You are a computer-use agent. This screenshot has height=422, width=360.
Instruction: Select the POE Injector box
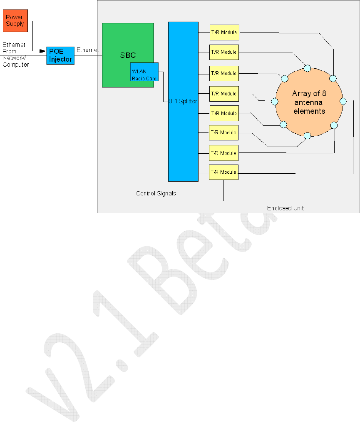[x=60, y=56]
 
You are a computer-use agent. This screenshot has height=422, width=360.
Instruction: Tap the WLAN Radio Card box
[x=144, y=72]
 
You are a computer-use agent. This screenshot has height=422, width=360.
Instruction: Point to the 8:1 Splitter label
[x=183, y=101]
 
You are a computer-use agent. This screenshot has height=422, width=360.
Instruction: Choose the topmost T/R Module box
[x=224, y=32]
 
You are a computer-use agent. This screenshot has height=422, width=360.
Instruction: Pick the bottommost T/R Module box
[x=223, y=172]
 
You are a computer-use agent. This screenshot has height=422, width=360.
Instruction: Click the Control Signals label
[x=156, y=193]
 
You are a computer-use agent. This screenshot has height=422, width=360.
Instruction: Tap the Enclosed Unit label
[x=285, y=208]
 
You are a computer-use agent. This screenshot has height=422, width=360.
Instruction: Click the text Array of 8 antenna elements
[x=308, y=102]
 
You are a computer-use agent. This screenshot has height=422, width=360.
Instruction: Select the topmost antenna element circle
[x=307, y=68]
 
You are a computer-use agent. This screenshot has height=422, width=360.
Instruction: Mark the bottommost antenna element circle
[x=307, y=135]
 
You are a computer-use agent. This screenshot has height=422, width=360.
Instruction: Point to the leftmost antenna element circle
[x=274, y=102]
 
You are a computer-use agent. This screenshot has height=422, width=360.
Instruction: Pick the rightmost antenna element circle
[x=343, y=101]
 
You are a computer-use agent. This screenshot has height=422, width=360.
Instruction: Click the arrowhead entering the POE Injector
[x=43, y=51]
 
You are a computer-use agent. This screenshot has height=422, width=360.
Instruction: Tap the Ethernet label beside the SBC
[x=87, y=50]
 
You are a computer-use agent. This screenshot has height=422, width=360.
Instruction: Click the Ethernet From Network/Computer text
[x=15, y=55]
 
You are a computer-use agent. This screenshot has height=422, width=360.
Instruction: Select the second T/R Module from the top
[x=224, y=52]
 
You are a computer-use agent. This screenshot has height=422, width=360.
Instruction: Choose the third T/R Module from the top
[x=224, y=73]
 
